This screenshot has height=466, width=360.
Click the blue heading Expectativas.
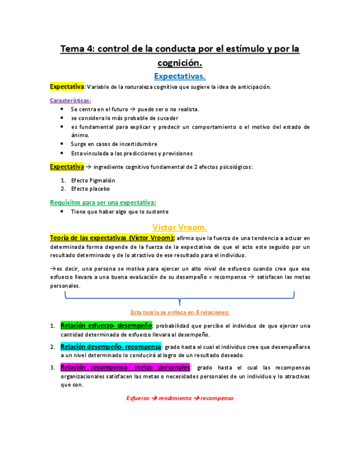(180, 76)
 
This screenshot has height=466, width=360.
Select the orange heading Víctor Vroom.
(180, 226)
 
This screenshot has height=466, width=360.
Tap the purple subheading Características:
(70, 101)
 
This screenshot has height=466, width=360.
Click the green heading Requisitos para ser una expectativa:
(103, 202)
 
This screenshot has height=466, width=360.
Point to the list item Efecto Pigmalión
(93, 180)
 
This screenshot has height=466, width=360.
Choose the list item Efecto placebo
(90, 188)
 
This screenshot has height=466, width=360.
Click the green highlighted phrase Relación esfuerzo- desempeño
(106, 325)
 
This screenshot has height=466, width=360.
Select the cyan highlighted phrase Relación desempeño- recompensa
(111, 347)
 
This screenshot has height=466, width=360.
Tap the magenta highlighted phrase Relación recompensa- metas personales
(125, 367)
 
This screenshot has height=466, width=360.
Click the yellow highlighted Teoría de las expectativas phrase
(113, 237)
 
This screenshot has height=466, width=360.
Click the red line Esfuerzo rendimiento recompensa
(180, 398)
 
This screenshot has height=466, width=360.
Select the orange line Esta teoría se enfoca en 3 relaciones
(180, 312)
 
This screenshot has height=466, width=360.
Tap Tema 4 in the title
(79, 49)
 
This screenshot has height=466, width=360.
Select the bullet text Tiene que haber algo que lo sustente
(119, 212)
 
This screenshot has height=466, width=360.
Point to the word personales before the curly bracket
(65, 286)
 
